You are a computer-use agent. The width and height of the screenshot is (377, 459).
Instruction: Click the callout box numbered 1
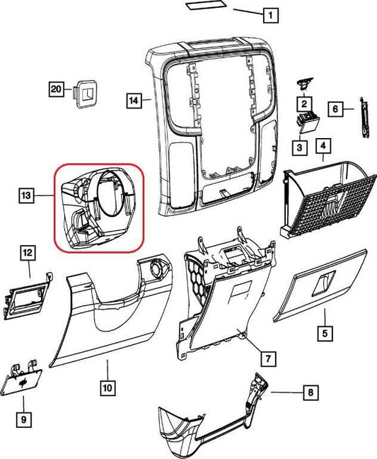point(271,15)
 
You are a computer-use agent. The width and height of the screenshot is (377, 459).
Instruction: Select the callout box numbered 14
point(134,101)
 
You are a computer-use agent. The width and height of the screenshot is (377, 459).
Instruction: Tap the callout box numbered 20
point(56,89)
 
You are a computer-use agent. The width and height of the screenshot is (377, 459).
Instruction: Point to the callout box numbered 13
point(27,195)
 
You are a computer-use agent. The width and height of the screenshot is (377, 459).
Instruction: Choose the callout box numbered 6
point(335,108)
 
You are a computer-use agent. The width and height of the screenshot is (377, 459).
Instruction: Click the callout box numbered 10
point(108,388)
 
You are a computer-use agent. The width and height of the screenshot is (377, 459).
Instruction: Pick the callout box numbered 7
point(268,358)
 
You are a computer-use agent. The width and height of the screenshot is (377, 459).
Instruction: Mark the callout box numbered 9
point(23,419)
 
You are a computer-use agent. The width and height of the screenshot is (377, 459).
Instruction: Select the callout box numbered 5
point(325,333)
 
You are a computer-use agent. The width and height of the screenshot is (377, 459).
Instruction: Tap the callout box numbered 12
point(28,253)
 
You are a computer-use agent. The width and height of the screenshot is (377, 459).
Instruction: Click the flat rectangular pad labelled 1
point(206,5)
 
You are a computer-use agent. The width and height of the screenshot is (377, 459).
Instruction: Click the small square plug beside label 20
point(86,93)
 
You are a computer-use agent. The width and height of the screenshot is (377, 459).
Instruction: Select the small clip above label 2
point(304,84)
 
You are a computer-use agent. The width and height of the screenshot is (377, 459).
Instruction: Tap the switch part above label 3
point(307,123)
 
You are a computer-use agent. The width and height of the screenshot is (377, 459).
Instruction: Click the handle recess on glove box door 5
point(323,283)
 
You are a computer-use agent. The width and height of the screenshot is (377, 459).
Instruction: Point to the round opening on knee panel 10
point(159,268)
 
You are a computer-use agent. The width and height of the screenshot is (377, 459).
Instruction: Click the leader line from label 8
point(286,392)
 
